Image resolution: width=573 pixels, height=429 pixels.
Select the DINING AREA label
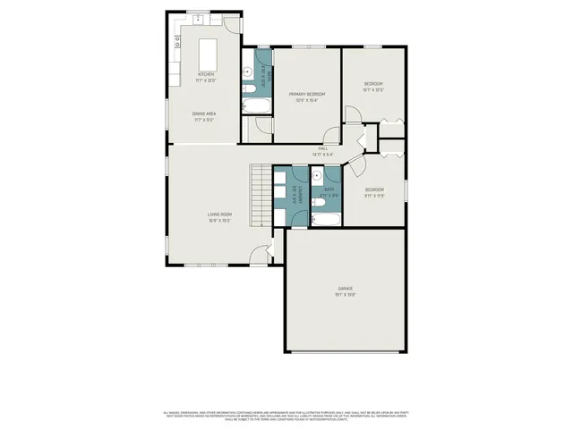click(x=203, y=115)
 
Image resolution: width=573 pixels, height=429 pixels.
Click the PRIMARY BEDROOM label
click(x=306, y=97)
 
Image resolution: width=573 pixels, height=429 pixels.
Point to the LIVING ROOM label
click(x=220, y=217)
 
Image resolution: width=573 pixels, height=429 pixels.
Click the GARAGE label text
click(x=345, y=290)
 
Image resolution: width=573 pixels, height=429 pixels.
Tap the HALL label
click(x=322, y=151)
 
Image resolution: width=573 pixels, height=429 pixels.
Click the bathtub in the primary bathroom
click(x=251, y=106)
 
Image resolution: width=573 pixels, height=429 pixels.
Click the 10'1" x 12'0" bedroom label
click(x=373, y=88)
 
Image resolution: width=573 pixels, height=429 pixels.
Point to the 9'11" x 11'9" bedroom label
click(x=374, y=192)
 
